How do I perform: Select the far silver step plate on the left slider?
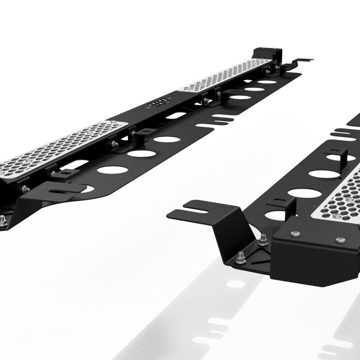225,75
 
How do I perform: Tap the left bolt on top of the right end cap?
295,234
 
